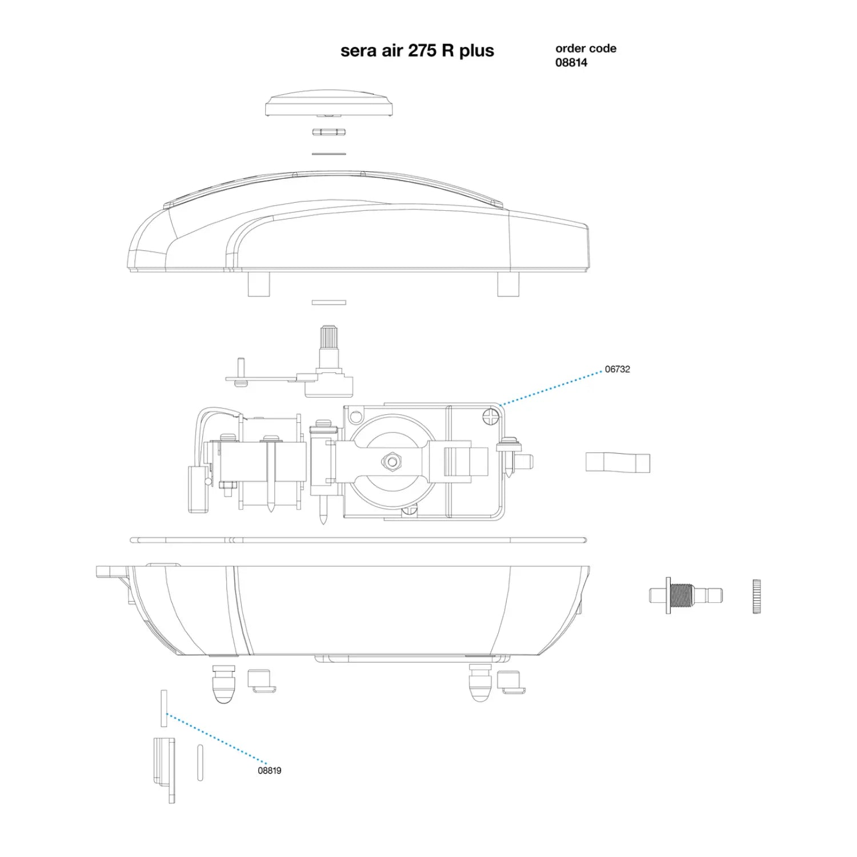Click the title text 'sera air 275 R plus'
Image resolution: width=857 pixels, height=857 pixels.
tap(417, 51)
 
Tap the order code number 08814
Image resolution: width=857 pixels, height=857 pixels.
tap(571, 63)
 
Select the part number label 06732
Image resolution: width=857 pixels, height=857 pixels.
tap(618, 369)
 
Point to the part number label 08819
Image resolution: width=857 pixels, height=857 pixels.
tap(270, 770)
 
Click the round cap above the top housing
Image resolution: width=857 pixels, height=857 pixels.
tap(329, 103)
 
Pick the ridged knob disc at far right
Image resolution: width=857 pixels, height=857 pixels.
tap(756, 596)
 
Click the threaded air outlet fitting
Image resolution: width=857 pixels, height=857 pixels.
tap(686, 595)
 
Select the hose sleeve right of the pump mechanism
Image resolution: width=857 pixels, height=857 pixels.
tap(618, 462)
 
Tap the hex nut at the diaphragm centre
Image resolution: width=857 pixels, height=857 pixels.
tap(391, 460)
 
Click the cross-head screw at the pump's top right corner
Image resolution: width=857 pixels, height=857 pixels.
tap(491, 416)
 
